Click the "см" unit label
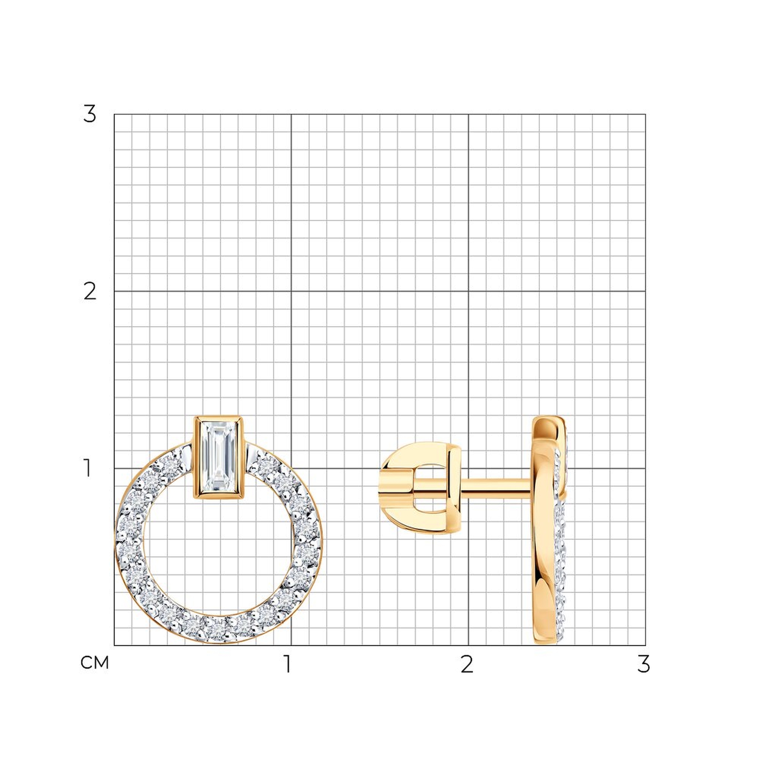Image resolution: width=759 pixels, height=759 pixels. pyautogui.click(x=94, y=663)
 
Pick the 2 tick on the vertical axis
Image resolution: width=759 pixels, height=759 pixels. pyautogui.click(x=90, y=291)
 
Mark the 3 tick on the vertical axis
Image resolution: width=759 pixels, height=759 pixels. pyautogui.click(x=90, y=114)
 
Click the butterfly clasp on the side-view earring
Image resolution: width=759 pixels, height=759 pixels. pyautogui.click(x=421, y=488)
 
